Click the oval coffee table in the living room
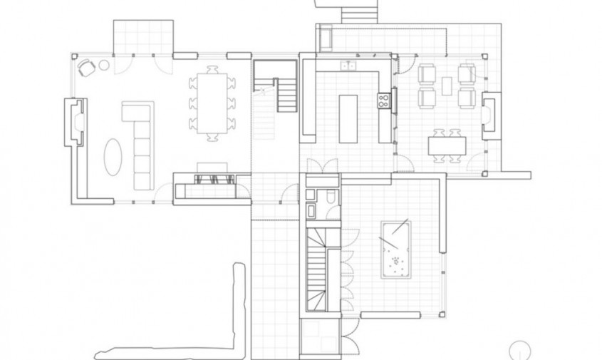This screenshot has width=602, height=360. pyautogui.click(x=113, y=156)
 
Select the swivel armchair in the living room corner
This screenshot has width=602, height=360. pyautogui.click(x=87, y=67)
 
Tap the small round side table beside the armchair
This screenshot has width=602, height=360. pyautogui.click(x=104, y=65)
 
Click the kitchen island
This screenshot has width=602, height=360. pyautogui.click(x=348, y=118)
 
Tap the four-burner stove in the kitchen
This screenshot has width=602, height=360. pyautogui.click(x=384, y=101)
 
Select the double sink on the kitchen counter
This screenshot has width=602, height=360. pyautogui.click(x=348, y=66)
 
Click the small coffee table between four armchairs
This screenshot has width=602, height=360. pyautogui.click(x=447, y=86)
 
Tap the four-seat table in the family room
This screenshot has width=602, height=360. pyautogui.click(x=447, y=145)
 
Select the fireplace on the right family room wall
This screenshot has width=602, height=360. pyautogui.click(x=491, y=114)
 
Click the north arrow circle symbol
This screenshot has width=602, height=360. pyautogui.click(x=521, y=349)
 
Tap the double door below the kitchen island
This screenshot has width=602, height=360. pyautogui.click(x=325, y=167)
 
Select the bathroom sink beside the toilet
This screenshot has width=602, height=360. pyautogui.click(x=313, y=210)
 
